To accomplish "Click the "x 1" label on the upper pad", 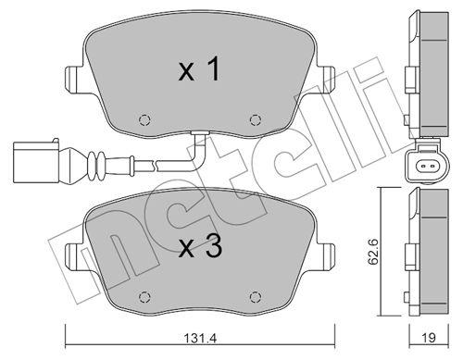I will click(199, 71).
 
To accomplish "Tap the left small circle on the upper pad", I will click(143, 119).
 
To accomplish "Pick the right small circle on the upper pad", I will click(257, 119).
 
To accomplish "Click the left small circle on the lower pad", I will click(143, 297).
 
